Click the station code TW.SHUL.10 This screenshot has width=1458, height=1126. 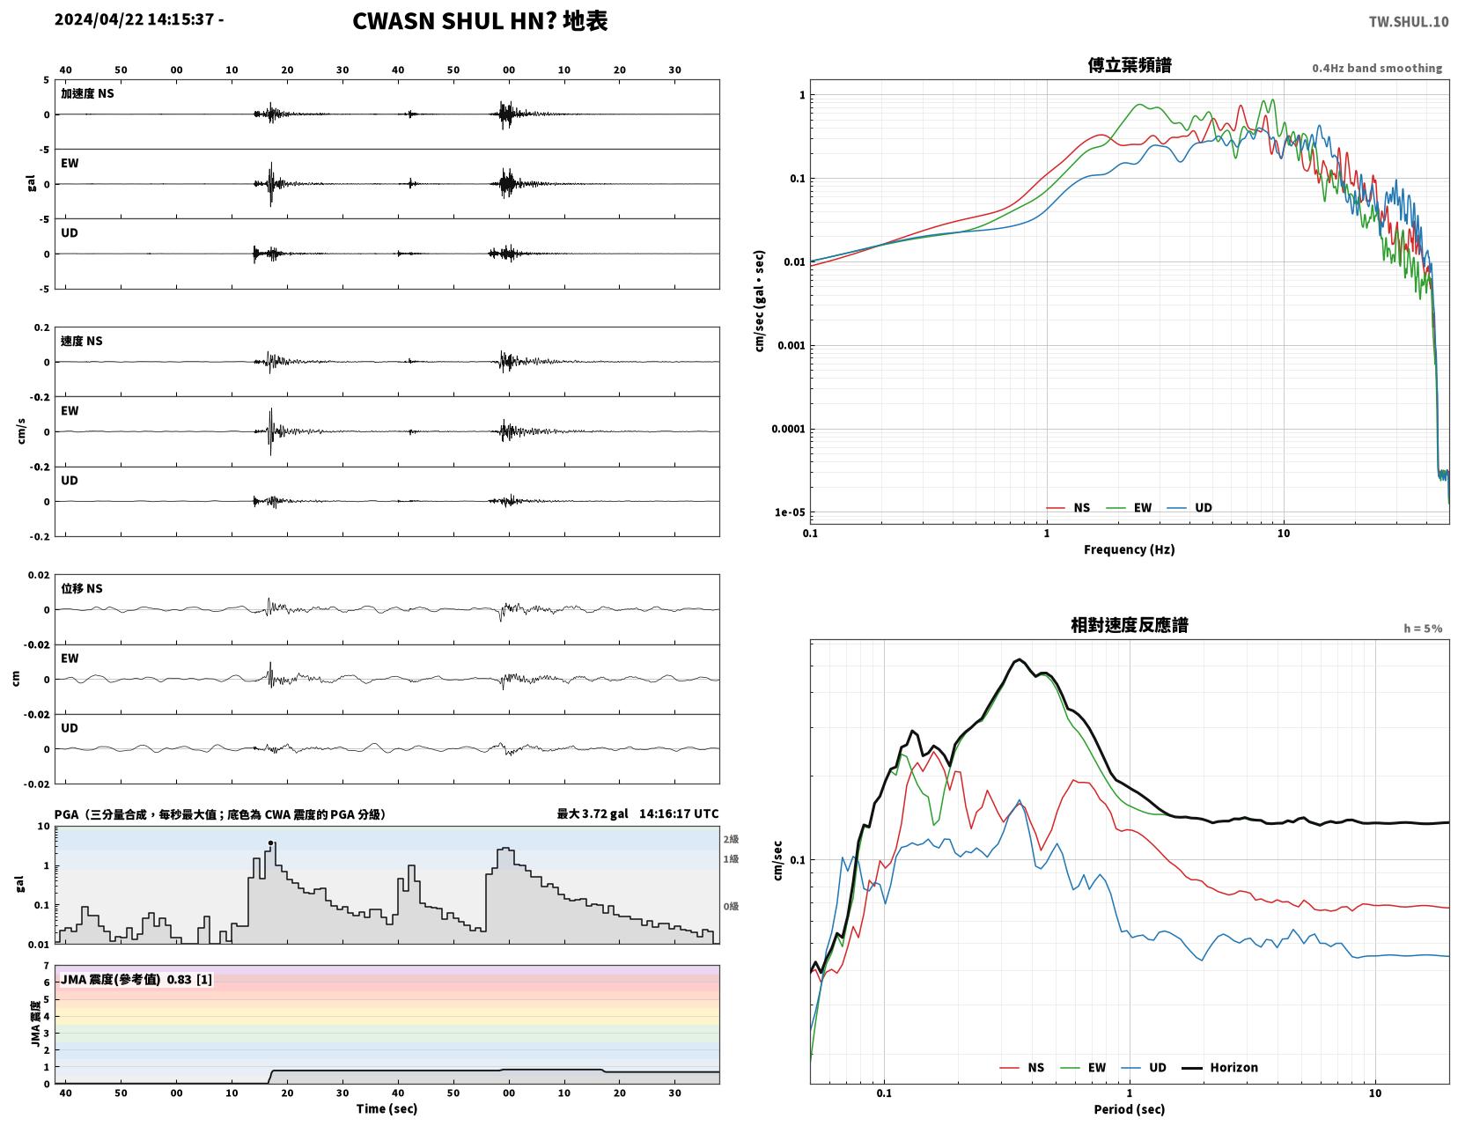point(1409,21)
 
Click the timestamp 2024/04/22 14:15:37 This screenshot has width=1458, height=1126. point(134,18)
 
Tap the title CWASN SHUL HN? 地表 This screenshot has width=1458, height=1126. point(480,21)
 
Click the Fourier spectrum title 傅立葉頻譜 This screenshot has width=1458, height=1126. point(1130,65)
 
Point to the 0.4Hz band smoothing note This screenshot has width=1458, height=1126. point(1377,68)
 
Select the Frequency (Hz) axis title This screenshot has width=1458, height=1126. point(1130,549)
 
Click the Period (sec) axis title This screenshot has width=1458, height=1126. point(1130,1109)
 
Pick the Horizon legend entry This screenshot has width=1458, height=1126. point(1219,1068)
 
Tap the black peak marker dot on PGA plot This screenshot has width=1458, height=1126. point(270,843)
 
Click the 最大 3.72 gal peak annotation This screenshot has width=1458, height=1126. point(593,813)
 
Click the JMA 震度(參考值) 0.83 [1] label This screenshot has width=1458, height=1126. point(136,980)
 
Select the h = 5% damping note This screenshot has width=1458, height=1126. point(1423,629)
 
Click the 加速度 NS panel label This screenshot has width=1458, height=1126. point(87,93)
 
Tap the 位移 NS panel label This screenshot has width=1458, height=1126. point(82,588)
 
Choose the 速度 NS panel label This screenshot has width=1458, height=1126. point(82,341)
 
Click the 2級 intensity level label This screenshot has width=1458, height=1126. point(731,839)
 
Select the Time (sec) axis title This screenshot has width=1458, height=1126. point(387,1109)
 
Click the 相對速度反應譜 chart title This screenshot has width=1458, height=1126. point(1130,625)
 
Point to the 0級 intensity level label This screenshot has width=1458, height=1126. point(731,906)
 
